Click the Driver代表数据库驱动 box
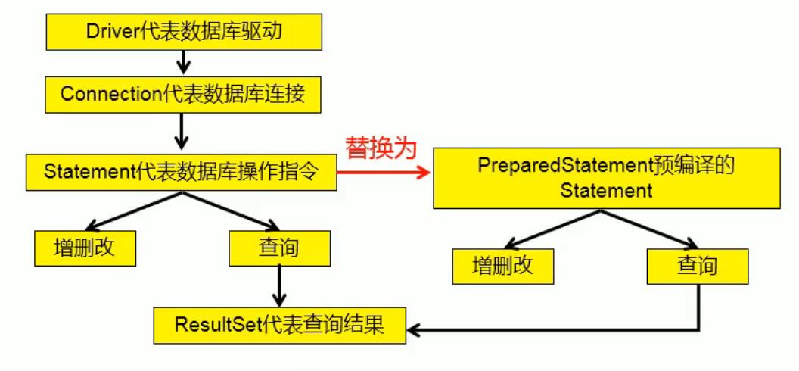click(181, 31)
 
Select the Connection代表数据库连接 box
click(181, 95)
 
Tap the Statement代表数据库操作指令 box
click(181, 172)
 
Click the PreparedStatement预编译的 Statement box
click(607, 177)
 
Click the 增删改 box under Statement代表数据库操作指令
click(85, 248)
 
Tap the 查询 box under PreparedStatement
click(697, 265)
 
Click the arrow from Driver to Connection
click(181, 63)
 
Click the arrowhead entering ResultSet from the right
click(415, 330)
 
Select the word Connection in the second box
click(109, 95)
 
